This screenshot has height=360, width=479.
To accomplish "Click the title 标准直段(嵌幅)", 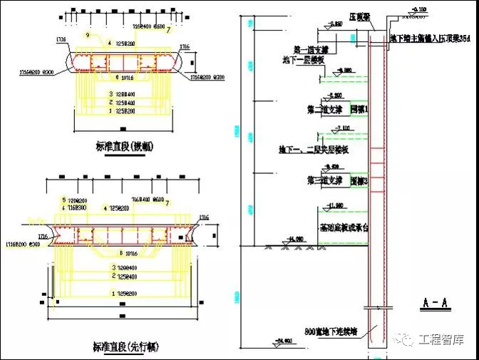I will click(x=126, y=147).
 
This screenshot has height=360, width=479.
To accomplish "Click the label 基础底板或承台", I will click(x=344, y=227).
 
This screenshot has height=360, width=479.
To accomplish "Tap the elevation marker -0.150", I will click(x=420, y=9).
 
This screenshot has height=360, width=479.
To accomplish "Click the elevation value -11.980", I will click(x=335, y=205).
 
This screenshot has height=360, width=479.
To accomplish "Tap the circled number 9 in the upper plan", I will click(x=88, y=34).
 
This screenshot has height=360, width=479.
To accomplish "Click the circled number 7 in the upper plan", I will click(x=168, y=31).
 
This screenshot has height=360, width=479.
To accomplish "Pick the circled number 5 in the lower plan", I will click(x=64, y=200).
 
